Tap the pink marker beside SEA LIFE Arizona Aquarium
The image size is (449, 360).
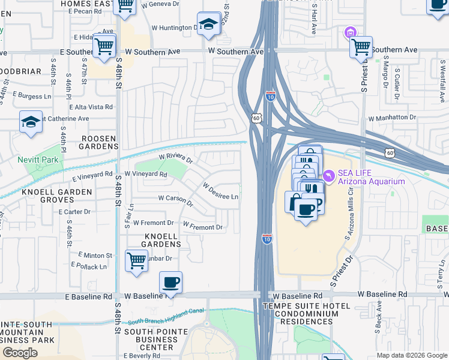328,175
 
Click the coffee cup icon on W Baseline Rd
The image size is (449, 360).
171,281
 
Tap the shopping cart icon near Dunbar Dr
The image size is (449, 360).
137,261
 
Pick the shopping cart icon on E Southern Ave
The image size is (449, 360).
104,45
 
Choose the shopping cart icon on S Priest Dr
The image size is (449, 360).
361,46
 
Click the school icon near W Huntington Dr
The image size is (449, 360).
209,24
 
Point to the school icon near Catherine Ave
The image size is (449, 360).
31,122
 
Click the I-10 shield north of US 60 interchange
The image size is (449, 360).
270,95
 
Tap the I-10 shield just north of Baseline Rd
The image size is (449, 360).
266,239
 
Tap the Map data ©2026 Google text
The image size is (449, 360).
411,355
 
